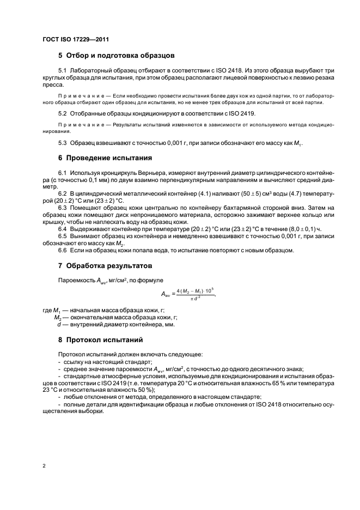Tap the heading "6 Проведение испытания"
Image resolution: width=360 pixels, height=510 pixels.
point(105,159)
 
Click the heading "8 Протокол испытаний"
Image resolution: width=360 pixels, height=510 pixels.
point(101,340)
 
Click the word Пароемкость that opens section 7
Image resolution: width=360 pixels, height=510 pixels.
point(77,280)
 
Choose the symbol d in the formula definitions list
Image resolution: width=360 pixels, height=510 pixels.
point(58,325)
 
